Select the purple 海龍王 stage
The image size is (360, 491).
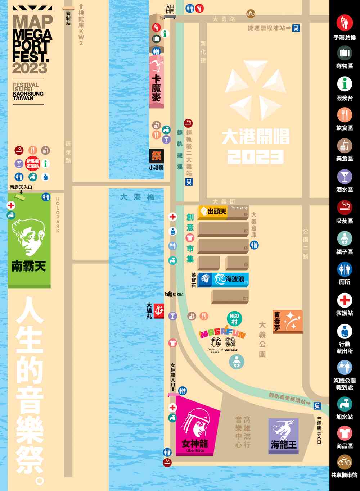pyautogui.click(x=284, y=435)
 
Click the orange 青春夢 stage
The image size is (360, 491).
pyautogui.click(x=287, y=321)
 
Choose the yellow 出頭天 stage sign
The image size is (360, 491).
pyautogui.click(x=213, y=212)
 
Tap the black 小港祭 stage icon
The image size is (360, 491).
pyautogui.click(x=156, y=156)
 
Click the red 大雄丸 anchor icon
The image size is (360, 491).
pyautogui.click(x=159, y=310)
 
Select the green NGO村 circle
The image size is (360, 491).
pyautogui.click(x=234, y=318)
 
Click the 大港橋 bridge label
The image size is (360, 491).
pyautogui.click(x=138, y=197)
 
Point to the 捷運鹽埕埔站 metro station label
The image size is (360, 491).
pyautogui.click(x=266, y=28)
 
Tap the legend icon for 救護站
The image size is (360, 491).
pyautogui.click(x=345, y=300)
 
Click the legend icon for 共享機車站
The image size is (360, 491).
pyautogui.click(x=345, y=462)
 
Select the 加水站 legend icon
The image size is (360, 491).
pyautogui.click(x=345, y=404)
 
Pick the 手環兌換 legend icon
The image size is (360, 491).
pyautogui.click(x=345, y=22)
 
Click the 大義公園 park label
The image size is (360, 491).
pyautogui.click(x=262, y=339)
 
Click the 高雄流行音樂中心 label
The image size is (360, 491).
pyautogui.click(x=243, y=432)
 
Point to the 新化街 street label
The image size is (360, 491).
pyautogui.click(x=203, y=52)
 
